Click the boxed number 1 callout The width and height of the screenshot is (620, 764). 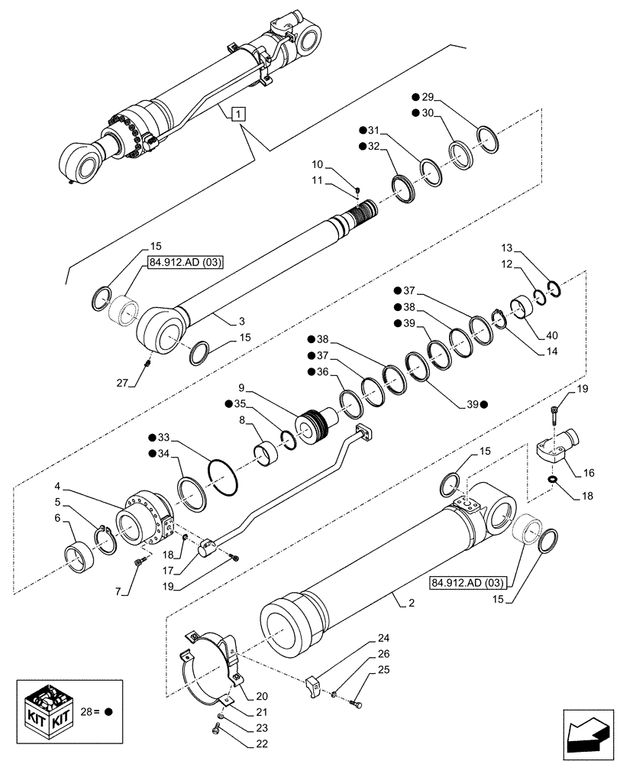tap(239, 115)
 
